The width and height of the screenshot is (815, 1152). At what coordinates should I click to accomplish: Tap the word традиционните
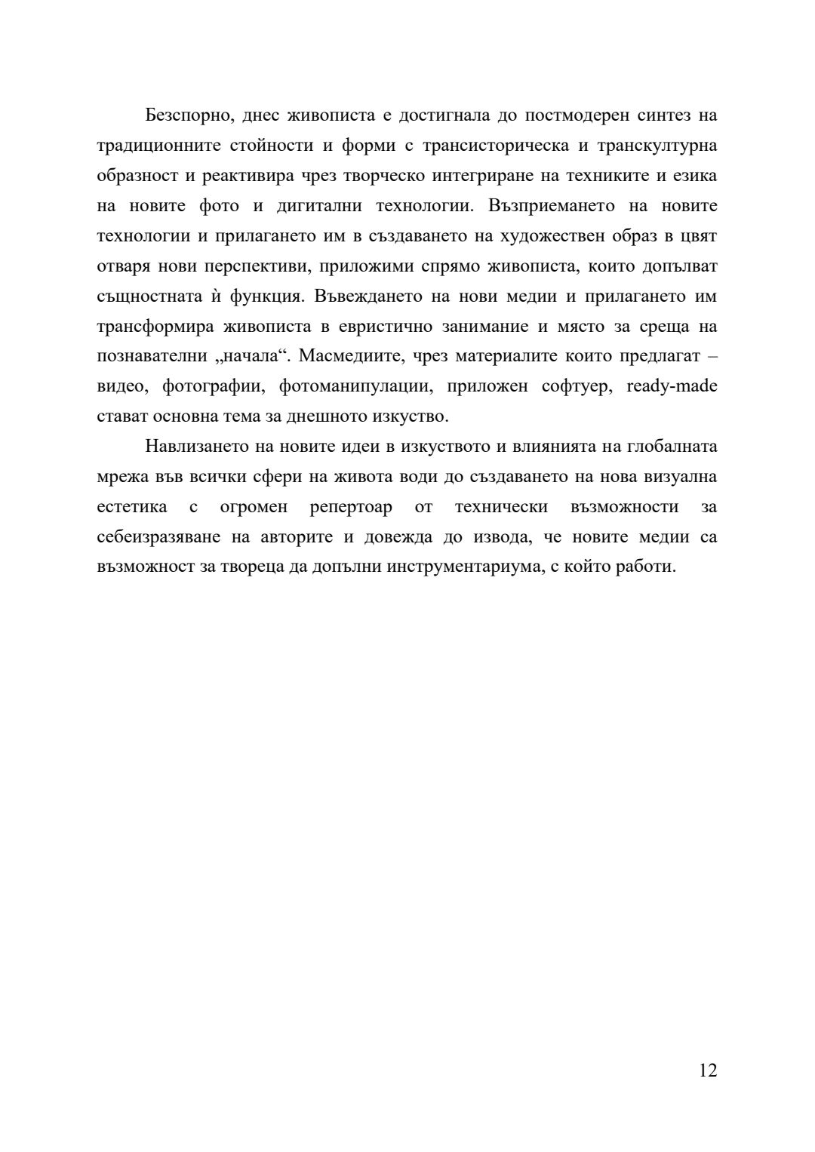(x=158, y=146)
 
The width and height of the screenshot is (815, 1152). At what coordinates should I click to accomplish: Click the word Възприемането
(x=552, y=206)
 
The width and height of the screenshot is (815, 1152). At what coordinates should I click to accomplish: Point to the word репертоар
(x=351, y=507)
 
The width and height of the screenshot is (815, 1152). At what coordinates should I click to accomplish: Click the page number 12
(x=708, y=1071)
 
